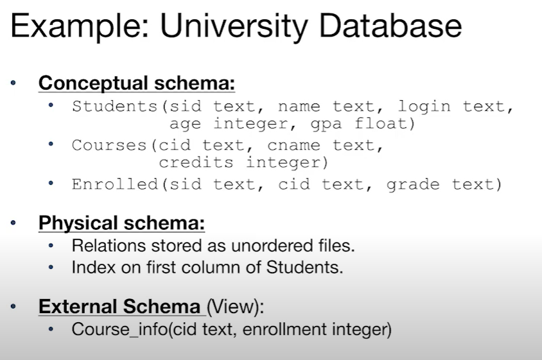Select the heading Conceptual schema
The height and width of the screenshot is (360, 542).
click(x=137, y=83)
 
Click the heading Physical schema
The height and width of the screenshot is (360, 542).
click(x=121, y=223)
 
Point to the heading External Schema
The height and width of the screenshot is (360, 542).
click(x=119, y=307)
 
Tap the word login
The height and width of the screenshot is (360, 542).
click(x=424, y=107)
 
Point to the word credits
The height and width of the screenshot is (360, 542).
click(x=197, y=162)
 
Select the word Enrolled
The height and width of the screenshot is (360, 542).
click(x=115, y=185)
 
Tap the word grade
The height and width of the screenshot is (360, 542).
click(x=413, y=185)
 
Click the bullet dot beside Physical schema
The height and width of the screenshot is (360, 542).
click(x=15, y=224)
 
